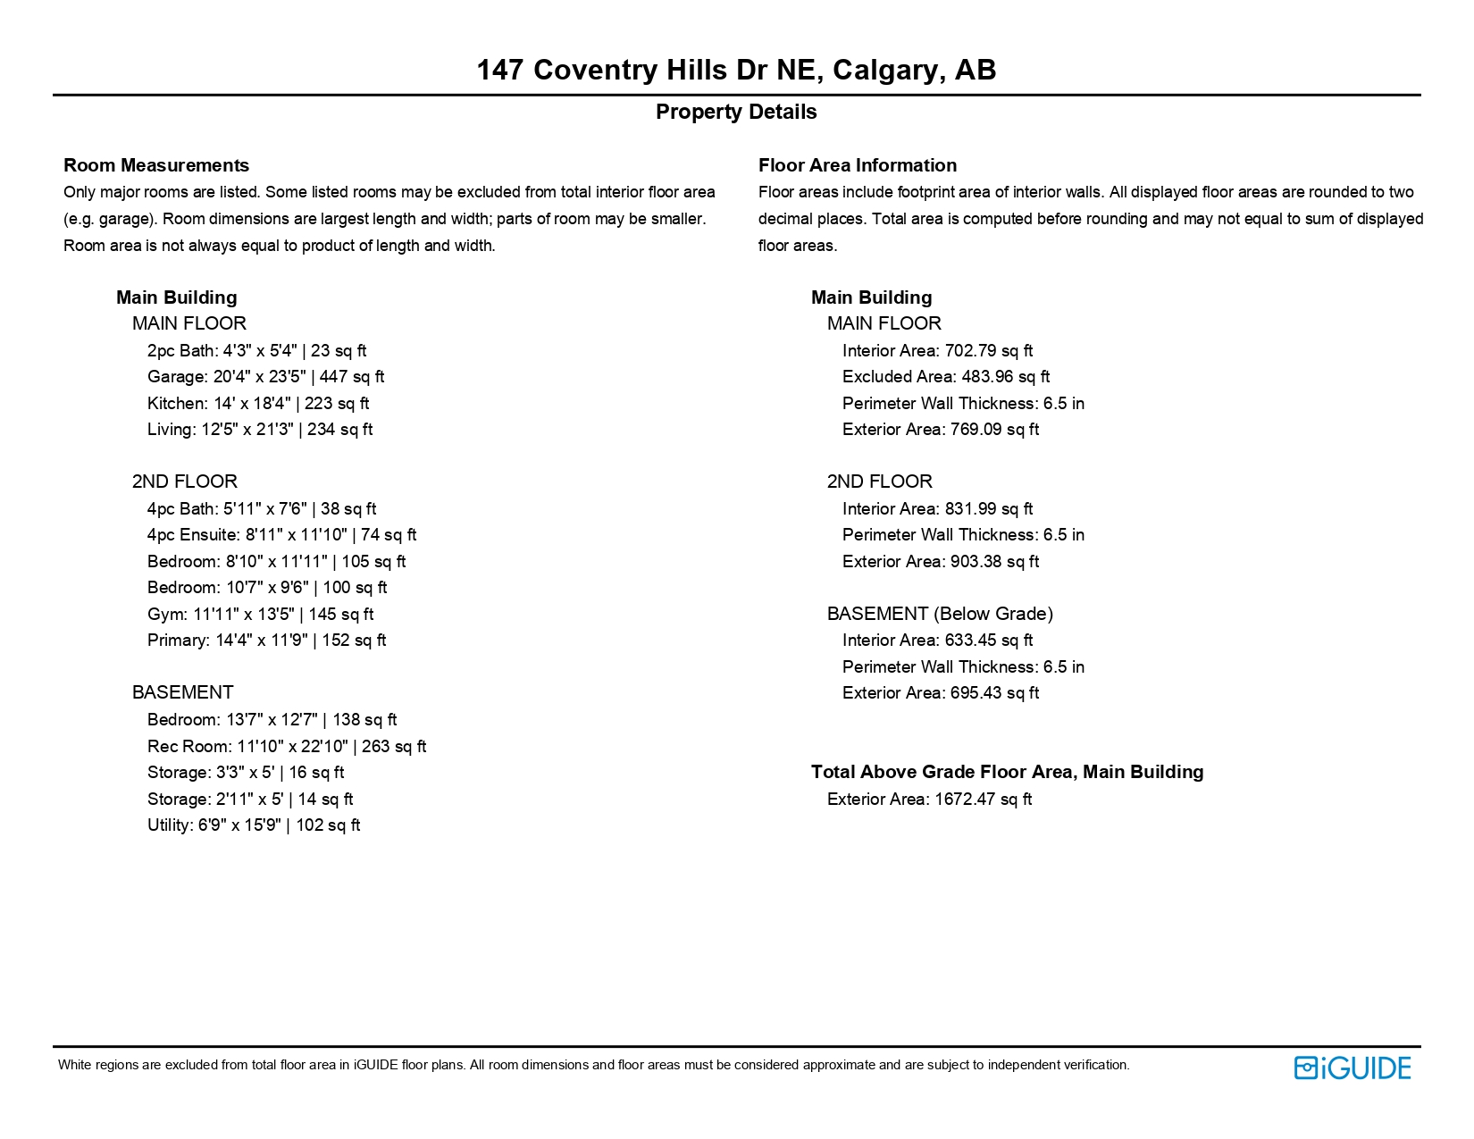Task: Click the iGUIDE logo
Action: (1352, 1068)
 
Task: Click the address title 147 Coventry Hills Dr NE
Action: (736, 70)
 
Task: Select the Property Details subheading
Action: (736, 112)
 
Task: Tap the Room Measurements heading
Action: (156, 165)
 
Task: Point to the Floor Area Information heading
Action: (857, 165)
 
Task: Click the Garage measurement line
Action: (265, 377)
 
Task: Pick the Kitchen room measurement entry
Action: (257, 404)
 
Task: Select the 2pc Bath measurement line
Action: (256, 351)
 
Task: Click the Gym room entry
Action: (260, 615)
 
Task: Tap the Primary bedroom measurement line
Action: (266, 641)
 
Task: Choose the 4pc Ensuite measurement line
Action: (281, 535)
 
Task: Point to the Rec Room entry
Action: (286, 747)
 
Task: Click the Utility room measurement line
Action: (253, 825)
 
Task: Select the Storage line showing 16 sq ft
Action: (246, 773)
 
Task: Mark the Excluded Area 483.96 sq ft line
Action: (945, 377)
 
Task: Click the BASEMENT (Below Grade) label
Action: (940, 614)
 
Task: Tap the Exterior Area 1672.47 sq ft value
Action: (929, 800)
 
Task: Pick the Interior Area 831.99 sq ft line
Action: (937, 509)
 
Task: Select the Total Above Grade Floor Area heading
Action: (1007, 772)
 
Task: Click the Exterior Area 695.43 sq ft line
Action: (940, 693)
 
